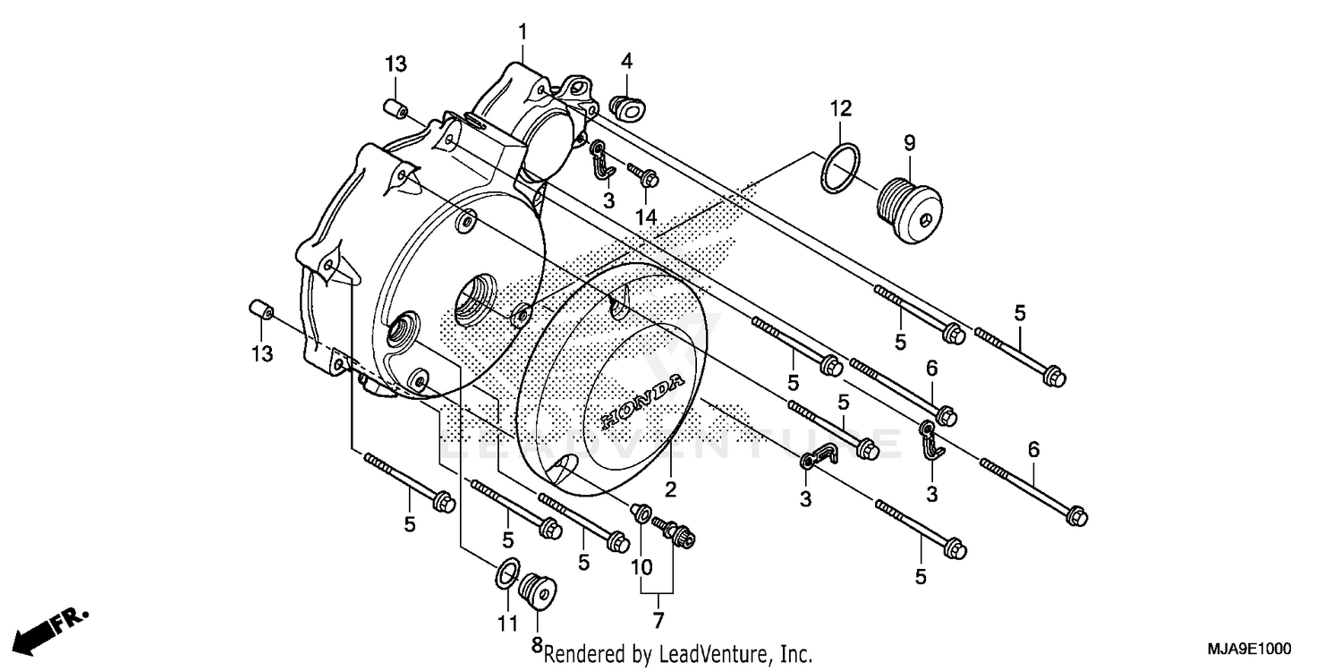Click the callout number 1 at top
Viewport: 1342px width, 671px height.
(x=522, y=32)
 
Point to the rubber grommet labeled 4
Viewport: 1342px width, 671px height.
(x=630, y=106)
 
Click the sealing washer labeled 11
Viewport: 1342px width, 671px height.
(x=507, y=572)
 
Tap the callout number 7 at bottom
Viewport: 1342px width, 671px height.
(x=658, y=619)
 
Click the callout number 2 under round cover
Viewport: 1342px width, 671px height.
(x=669, y=489)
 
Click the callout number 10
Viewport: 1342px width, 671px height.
(x=641, y=566)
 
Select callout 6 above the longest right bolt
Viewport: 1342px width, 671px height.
(x=1033, y=450)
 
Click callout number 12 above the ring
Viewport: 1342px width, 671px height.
(x=840, y=109)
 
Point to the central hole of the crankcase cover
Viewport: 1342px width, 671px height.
(x=474, y=302)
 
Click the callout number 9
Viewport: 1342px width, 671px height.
(x=909, y=141)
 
